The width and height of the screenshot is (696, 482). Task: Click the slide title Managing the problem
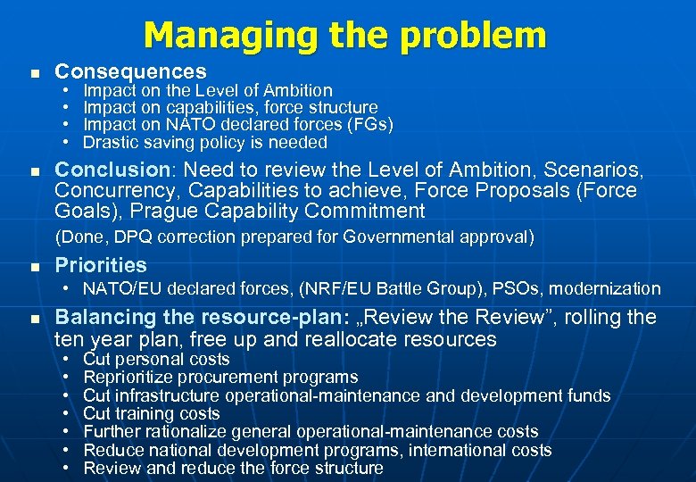344,36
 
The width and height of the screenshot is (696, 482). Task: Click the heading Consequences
130,71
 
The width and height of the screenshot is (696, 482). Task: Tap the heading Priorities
101,265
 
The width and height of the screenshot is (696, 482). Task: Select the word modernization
617,288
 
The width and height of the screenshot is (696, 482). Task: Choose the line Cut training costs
151,414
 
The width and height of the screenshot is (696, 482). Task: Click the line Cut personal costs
156,360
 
